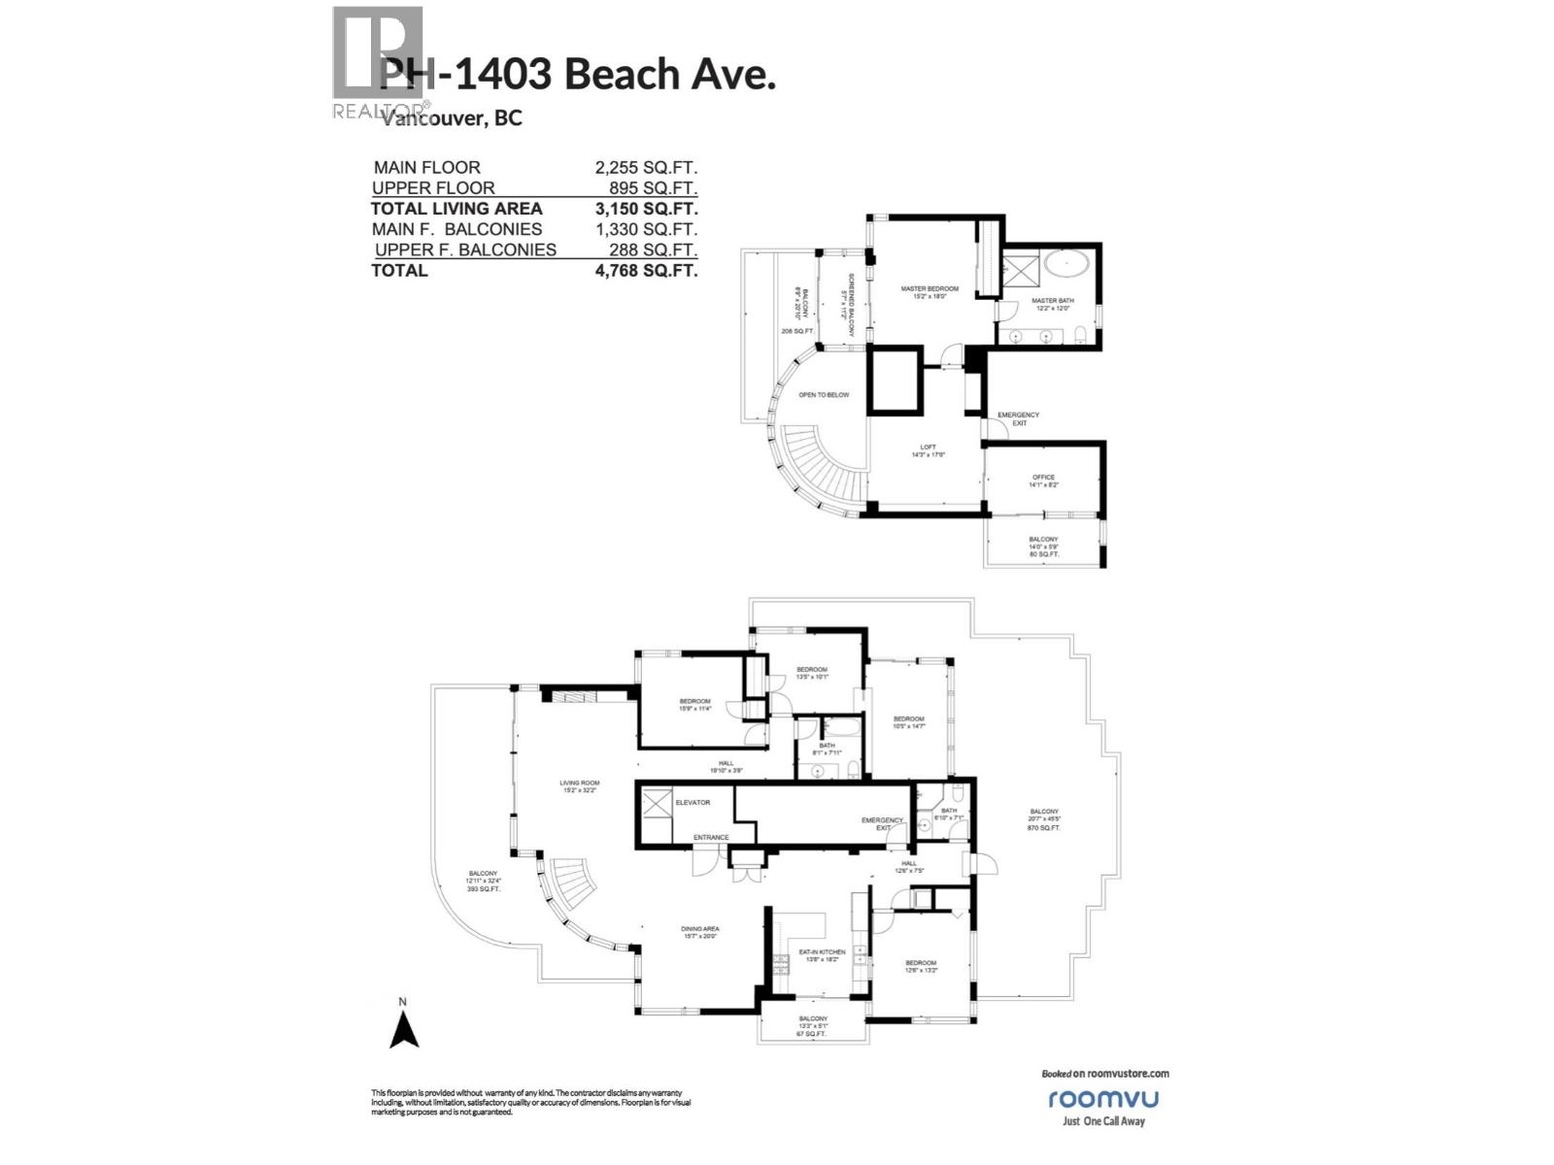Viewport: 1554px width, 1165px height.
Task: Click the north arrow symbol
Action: coord(404,1030)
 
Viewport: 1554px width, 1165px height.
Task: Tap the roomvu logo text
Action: coord(1103,1099)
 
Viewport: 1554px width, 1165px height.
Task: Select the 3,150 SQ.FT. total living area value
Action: coord(646,209)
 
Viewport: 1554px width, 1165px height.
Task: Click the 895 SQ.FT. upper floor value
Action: coord(660,188)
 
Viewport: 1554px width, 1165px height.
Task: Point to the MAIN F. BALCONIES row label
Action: coord(456,229)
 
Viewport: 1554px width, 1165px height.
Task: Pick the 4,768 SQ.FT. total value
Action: coord(646,271)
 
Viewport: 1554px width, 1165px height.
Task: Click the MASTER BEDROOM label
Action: coord(929,289)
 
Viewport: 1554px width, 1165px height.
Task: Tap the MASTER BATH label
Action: coord(1052,301)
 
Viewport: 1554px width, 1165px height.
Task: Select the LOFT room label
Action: coord(929,448)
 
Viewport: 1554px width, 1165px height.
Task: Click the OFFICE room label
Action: coord(1043,478)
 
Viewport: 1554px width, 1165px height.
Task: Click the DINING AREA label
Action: coord(699,929)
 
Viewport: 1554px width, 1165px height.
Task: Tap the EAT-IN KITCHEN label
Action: coord(822,952)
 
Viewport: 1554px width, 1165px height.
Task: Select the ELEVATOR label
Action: coord(693,803)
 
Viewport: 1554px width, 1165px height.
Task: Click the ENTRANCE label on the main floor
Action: coord(710,838)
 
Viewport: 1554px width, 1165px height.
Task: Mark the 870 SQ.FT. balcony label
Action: coord(1044,828)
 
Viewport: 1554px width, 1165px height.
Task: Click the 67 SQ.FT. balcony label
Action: coord(811,1035)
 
